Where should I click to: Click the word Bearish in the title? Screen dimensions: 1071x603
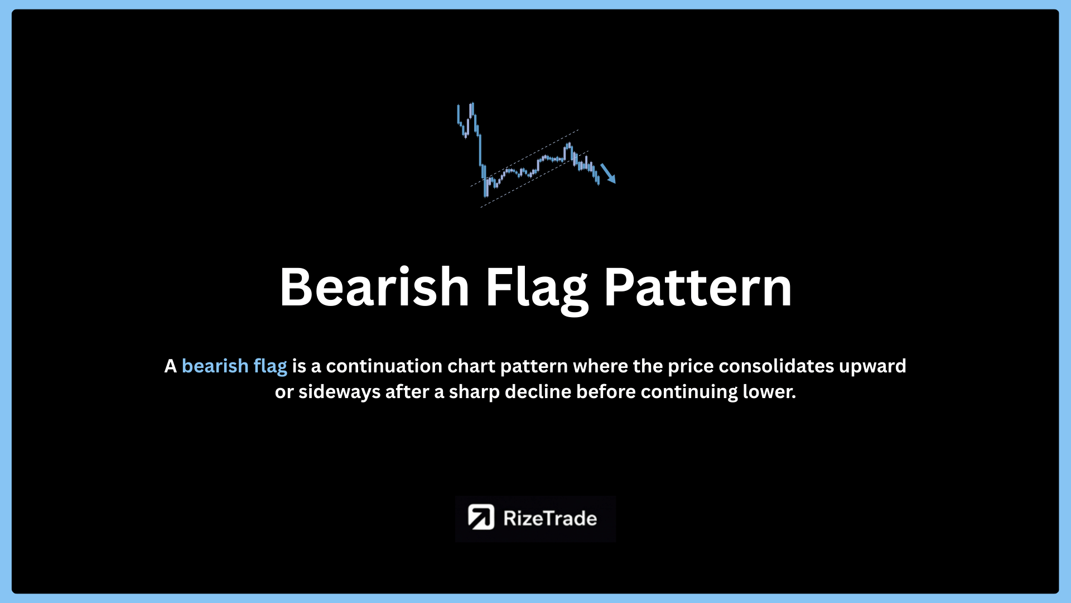click(374, 287)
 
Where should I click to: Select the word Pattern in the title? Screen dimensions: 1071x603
click(698, 287)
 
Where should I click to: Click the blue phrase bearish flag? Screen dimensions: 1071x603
click(234, 366)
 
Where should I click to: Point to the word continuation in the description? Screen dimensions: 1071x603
click(384, 366)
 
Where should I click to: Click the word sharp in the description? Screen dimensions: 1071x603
click(474, 393)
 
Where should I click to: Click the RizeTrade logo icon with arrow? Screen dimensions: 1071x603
click(481, 518)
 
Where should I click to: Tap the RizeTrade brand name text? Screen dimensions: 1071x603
click(550, 519)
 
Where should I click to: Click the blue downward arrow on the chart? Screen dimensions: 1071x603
click(608, 173)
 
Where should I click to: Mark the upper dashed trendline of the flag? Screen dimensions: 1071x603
click(524, 158)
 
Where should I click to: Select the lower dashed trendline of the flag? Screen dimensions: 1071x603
click(534, 179)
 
